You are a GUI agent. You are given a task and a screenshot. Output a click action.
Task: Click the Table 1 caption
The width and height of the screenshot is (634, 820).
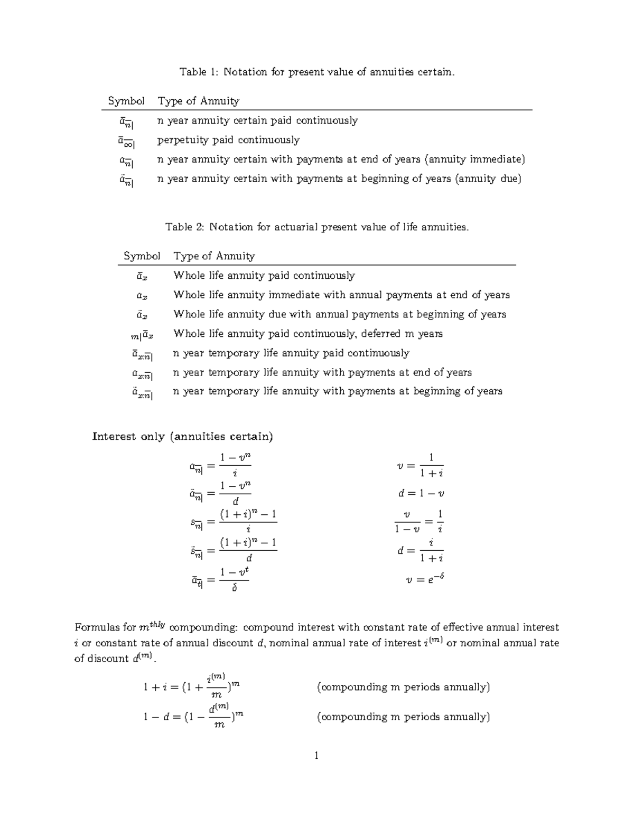click(316, 72)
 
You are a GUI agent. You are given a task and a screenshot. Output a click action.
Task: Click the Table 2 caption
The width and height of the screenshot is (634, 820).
click(316, 227)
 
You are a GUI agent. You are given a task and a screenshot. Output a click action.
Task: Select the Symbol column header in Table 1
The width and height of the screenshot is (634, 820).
click(126, 101)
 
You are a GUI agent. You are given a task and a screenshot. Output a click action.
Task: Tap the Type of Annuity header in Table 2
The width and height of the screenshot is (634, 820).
click(214, 256)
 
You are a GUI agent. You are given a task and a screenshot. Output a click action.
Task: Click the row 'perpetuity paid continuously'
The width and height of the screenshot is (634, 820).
click(228, 140)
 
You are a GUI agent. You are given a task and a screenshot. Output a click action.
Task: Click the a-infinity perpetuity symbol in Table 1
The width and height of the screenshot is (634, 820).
click(126, 142)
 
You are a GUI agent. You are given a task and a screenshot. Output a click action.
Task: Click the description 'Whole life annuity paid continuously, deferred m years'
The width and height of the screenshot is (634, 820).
click(307, 334)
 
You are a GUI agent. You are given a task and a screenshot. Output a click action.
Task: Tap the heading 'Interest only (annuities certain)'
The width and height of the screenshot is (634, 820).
click(182, 437)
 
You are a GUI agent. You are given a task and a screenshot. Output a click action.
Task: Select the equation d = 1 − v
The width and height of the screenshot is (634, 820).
click(421, 494)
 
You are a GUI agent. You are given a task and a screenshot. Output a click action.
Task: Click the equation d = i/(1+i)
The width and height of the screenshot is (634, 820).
click(421, 551)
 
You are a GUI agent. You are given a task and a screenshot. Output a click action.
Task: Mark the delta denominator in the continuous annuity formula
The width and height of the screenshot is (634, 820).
click(235, 588)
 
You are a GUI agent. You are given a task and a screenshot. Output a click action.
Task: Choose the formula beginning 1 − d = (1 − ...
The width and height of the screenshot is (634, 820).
click(193, 717)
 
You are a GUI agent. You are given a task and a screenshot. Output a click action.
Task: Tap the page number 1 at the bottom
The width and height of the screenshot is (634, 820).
click(316, 756)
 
